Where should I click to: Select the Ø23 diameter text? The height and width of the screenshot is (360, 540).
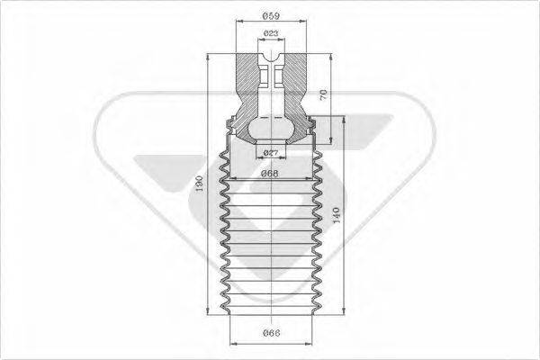(x=270, y=34)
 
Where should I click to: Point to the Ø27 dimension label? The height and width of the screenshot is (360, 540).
(x=270, y=152)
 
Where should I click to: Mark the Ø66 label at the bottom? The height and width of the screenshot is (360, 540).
(x=269, y=335)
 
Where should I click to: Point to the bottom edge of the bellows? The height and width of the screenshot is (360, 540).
(x=270, y=316)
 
